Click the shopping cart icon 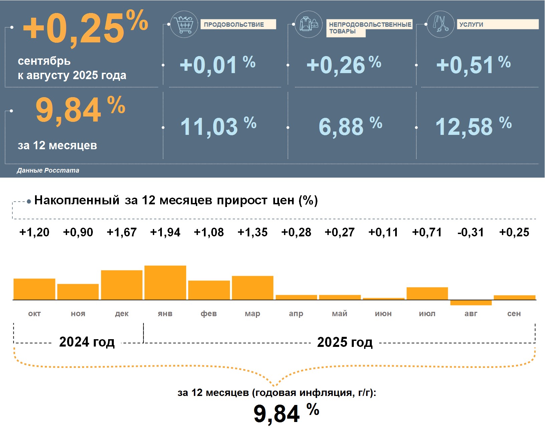tap(184, 24)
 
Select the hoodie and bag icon tap(309, 24)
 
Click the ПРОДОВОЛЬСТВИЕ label tap(238, 24)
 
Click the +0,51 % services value tap(473, 64)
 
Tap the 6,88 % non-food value tap(350, 126)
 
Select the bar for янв tap(165, 282)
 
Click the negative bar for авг tap(471, 303)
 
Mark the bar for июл tap(427, 293)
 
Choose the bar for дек tap(121, 285)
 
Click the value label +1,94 tap(165, 232)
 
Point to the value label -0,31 tap(471, 232)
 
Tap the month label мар tap(252, 313)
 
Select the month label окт tap(34, 313)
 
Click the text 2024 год tap(87, 342)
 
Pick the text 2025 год tap(345, 342)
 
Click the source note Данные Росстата tap(48, 170)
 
